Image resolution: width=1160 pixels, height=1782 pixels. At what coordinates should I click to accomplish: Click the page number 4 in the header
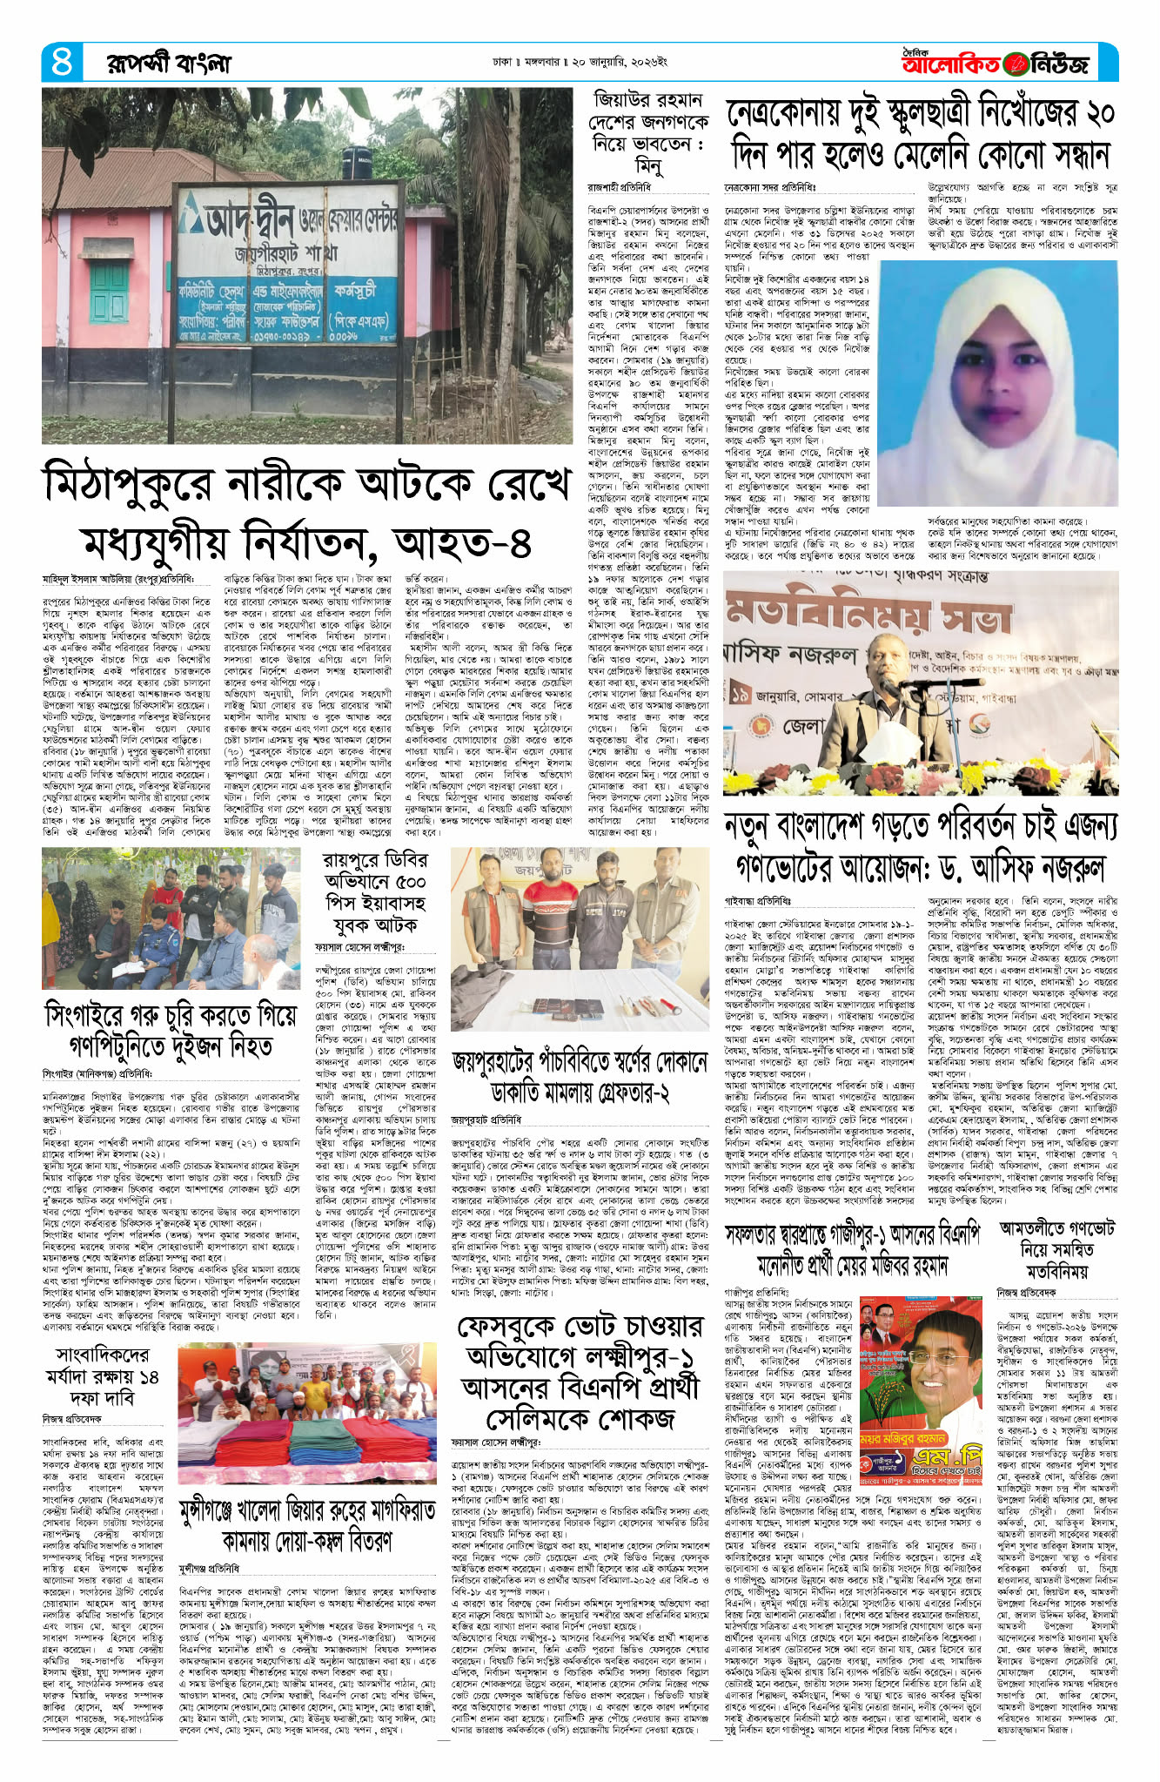(62, 63)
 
